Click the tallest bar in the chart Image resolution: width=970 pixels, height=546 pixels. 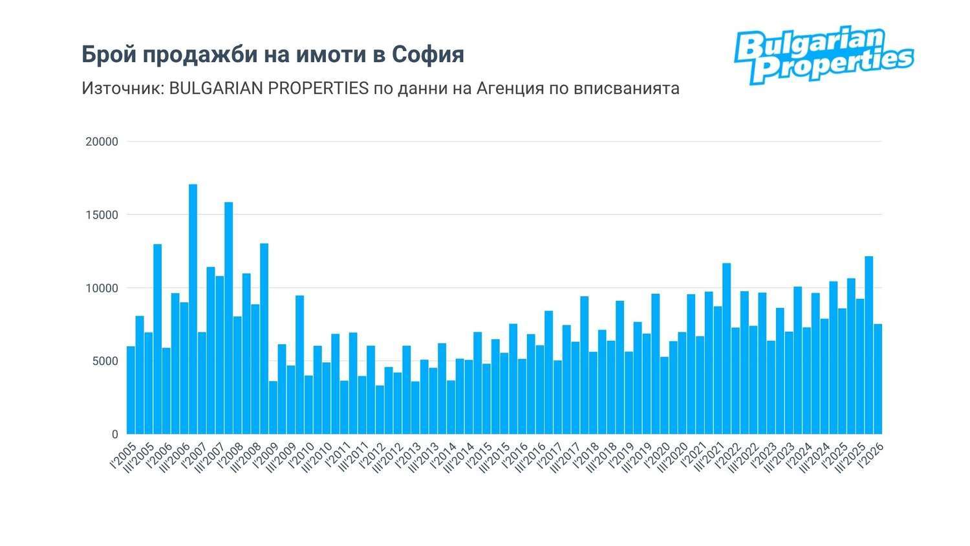click(193, 309)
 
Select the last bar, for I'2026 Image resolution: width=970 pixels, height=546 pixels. click(878, 379)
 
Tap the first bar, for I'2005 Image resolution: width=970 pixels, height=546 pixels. click(131, 390)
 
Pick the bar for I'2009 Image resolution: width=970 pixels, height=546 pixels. click(273, 408)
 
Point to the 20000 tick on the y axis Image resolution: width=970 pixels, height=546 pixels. click(102, 142)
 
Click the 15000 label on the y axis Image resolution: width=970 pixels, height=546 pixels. click(102, 215)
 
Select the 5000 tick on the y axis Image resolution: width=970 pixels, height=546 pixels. click(105, 361)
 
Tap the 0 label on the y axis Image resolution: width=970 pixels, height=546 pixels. click(114, 434)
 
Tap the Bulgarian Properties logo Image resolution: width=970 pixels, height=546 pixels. click(824, 55)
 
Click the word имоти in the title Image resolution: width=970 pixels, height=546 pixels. click(332, 54)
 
